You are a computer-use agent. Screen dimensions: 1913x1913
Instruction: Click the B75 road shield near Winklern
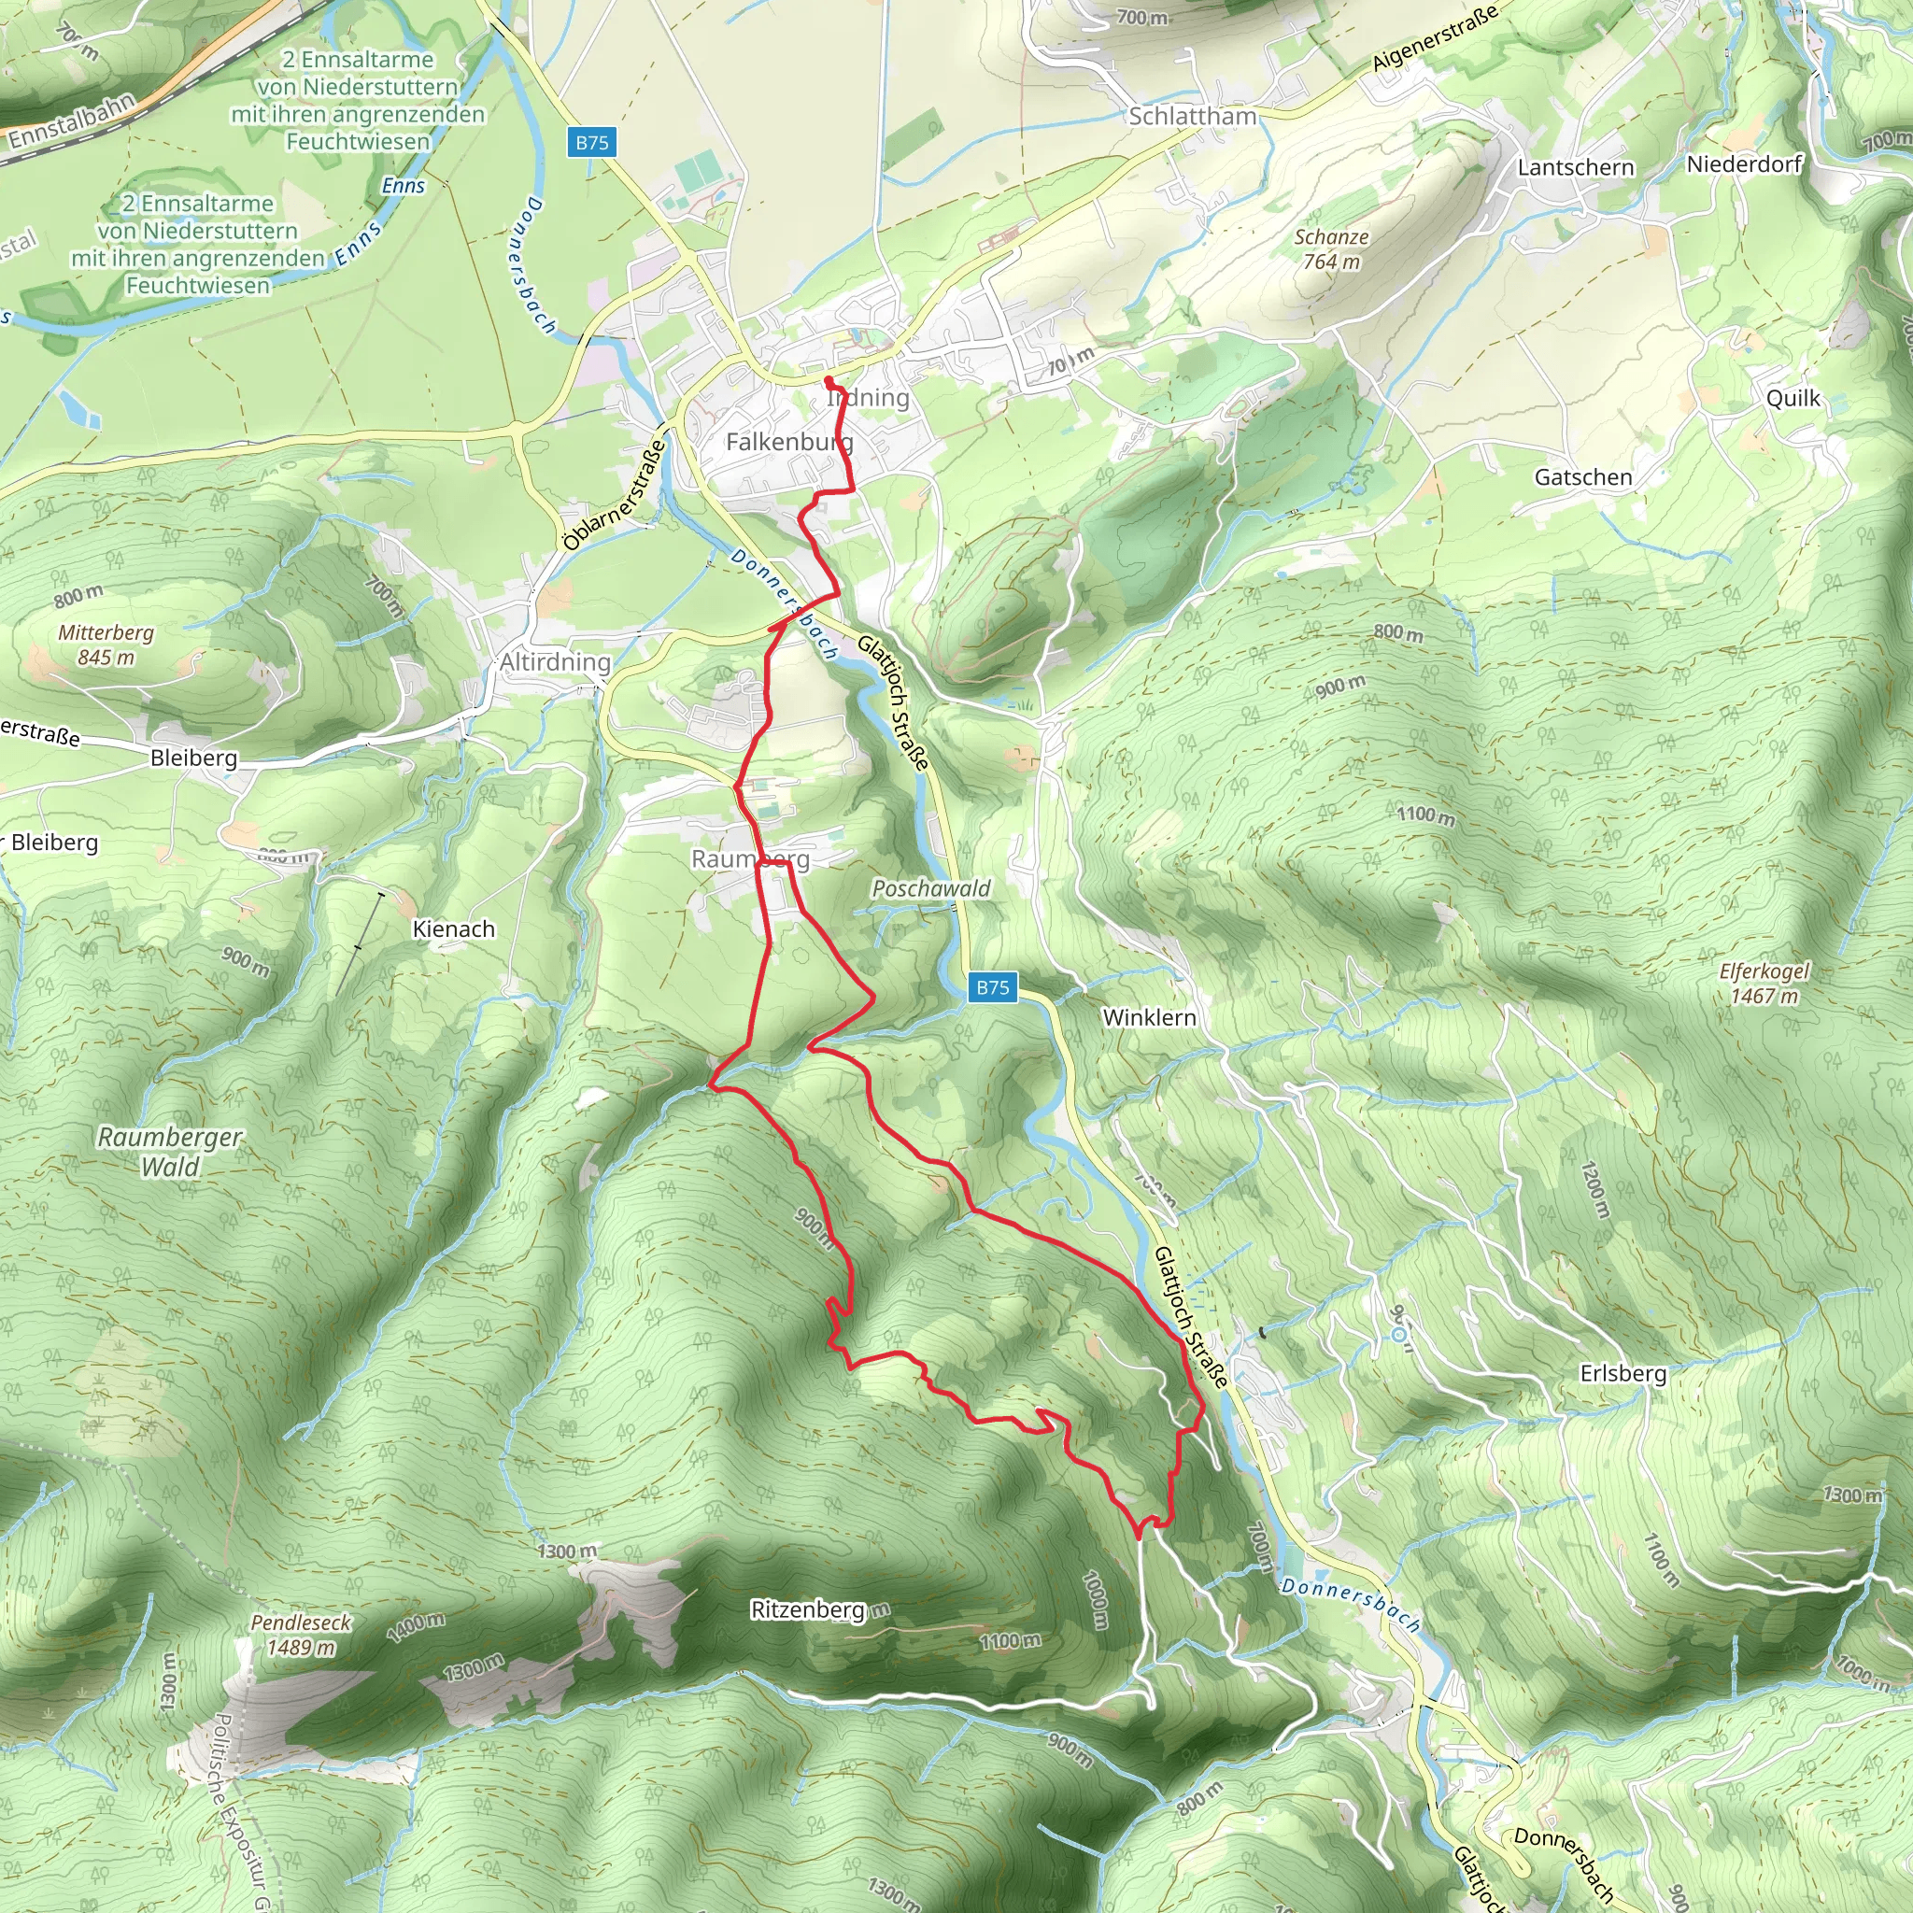point(992,987)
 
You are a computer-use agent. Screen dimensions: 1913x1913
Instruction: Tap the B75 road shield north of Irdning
point(592,142)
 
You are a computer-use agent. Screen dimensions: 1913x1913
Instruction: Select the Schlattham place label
point(1192,116)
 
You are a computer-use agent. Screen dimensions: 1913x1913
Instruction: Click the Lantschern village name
point(1576,167)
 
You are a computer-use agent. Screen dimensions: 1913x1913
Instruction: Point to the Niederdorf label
point(1744,163)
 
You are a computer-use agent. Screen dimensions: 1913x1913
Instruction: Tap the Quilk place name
point(1793,398)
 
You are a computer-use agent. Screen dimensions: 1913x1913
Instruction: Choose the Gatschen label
point(1583,477)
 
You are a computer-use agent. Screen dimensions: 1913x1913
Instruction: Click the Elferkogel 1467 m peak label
point(1764,984)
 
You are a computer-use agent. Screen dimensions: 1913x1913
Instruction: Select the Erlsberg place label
point(1623,1373)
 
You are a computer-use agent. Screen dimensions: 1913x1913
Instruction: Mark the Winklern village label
point(1149,1018)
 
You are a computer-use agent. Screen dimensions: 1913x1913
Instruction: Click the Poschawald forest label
point(930,888)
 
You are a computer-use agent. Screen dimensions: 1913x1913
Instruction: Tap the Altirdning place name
point(556,661)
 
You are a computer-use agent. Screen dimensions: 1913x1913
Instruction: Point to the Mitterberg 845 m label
point(106,645)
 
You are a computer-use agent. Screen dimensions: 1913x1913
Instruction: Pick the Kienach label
point(453,928)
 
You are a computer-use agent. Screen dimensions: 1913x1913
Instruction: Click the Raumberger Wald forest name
point(169,1152)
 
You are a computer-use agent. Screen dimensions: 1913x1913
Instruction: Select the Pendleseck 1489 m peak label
point(301,1635)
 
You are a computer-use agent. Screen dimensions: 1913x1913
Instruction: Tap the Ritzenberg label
point(807,1610)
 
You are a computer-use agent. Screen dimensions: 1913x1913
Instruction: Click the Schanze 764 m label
point(1331,248)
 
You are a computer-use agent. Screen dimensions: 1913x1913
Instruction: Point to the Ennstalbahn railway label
point(72,120)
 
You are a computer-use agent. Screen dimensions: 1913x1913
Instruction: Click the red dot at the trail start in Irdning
point(829,380)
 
